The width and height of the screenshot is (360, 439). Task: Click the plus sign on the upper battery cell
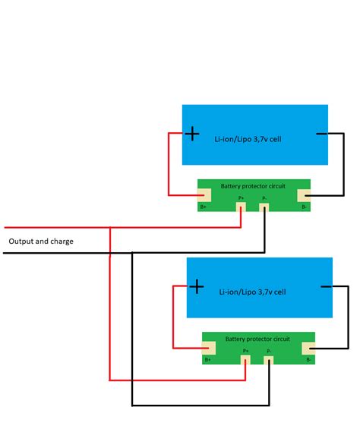(192, 134)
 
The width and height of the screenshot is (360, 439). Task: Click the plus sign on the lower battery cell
(196, 286)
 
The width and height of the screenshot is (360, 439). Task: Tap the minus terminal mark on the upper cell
(321, 134)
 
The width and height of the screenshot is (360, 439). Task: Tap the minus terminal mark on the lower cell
(327, 286)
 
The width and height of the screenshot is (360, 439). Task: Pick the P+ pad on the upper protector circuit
(242, 204)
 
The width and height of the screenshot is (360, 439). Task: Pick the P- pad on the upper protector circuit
(264, 204)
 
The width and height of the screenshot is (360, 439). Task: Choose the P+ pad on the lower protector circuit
(246, 357)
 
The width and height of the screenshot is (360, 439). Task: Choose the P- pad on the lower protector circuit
(269, 357)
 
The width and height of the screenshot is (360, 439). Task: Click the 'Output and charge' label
(41, 242)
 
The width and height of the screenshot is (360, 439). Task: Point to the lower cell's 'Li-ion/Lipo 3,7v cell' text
(252, 291)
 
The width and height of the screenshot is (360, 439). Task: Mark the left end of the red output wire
(5, 227)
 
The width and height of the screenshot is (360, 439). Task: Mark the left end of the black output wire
(5, 252)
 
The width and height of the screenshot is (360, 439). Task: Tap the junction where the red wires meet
(111, 227)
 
